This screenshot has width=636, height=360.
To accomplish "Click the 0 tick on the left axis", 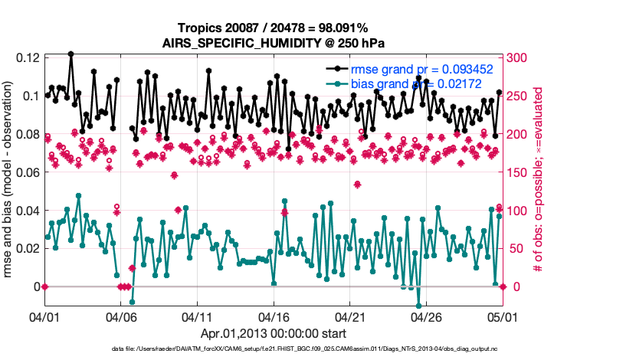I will point(34,286).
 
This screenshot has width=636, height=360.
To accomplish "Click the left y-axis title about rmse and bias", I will point(9,180).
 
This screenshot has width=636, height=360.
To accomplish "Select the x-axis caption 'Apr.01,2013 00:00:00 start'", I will point(274,334).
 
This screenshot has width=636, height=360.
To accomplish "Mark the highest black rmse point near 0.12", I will point(70,54).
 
